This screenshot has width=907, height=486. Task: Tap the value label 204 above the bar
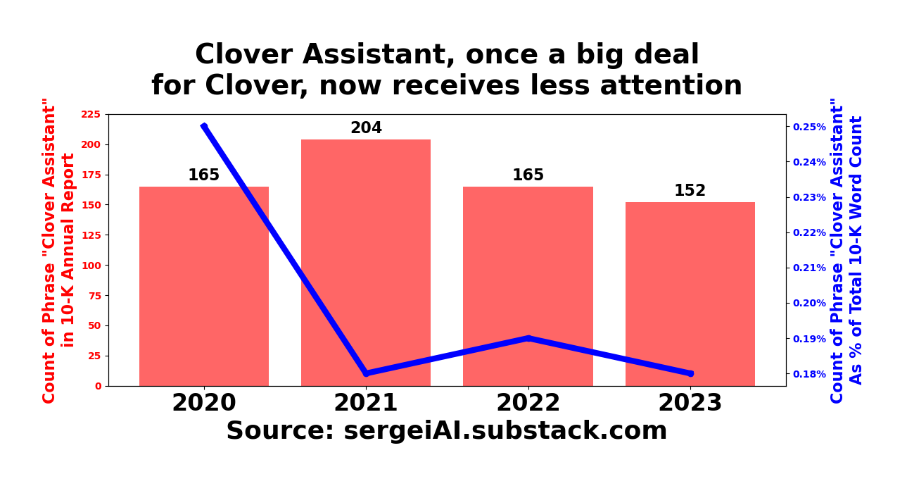(x=366, y=128)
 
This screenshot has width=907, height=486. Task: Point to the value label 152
(x=690, y=191)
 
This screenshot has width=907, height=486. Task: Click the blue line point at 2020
(x=204, y=127)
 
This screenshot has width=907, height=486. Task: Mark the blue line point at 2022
(x=528, y=338)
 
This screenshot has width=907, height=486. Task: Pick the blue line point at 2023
(x=690, y=373)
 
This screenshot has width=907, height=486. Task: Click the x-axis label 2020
(x=204, y=404)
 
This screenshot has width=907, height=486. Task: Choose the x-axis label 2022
(x=528, y=404)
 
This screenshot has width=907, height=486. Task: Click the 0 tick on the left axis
(x=98, y=386)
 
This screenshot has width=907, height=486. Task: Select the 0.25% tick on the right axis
(x=809, y=127)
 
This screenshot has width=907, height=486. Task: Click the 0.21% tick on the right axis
(x=809, y=268)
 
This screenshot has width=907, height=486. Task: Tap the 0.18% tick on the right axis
(x=809, y=373)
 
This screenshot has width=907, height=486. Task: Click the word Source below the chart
(x=280, y=431)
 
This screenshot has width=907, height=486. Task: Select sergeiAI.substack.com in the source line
(x=505, y=431)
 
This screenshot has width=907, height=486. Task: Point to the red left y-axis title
(x=58, y=250)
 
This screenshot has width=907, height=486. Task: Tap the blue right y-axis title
(x=846, y=250)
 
